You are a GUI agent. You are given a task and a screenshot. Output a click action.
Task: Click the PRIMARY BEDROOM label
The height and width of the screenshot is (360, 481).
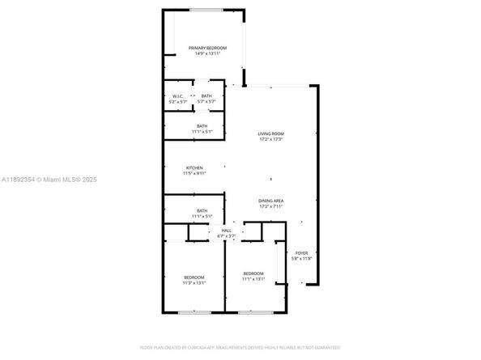pyautogui.click(x=207, y=49)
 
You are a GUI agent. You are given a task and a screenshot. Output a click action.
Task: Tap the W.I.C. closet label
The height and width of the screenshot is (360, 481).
pyautogui.click(x=177, y=96)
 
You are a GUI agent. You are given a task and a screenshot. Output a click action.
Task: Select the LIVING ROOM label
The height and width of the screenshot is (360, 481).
pyautogui.click(x=271, y=133)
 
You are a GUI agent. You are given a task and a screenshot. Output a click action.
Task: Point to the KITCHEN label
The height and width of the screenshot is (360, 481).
pyautogui.click(x=194, y=167)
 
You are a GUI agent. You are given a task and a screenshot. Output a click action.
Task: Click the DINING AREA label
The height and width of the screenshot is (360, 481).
pyautogui.click(x=271, y=201)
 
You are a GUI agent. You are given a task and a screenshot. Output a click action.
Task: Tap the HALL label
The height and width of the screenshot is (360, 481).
pyautogui.click(x=227, y=231)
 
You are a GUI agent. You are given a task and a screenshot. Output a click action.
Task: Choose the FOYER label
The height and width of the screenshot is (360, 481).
pyautogui.click(x=301, y=253)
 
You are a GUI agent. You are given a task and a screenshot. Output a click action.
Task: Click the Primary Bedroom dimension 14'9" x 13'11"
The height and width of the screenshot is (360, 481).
pyautogui.click(x=207, y=54)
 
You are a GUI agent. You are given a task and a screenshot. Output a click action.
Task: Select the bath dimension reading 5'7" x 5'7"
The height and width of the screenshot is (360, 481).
pyautogui.click(x=207, y=102)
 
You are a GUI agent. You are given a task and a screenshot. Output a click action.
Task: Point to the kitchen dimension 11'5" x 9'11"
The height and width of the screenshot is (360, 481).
pyautogui.click(x=194, y=173)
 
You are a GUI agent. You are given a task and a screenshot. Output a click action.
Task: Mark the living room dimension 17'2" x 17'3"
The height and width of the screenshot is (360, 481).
pyautogui.click(x=271, y=139)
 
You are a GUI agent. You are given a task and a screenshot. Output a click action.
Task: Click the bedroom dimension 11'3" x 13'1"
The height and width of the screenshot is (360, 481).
pyautogui.click(x=194, y=283)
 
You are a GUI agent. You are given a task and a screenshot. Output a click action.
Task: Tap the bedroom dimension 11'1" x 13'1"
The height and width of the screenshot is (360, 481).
pyautogui.click(x=254, y=280)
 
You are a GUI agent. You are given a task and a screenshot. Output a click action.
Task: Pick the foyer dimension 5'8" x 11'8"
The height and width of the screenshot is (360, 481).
pyautogui.click(x=301, y=259)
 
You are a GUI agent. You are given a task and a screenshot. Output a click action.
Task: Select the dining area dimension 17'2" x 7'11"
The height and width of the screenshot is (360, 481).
pyautogui.click(x=271, y=206)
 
